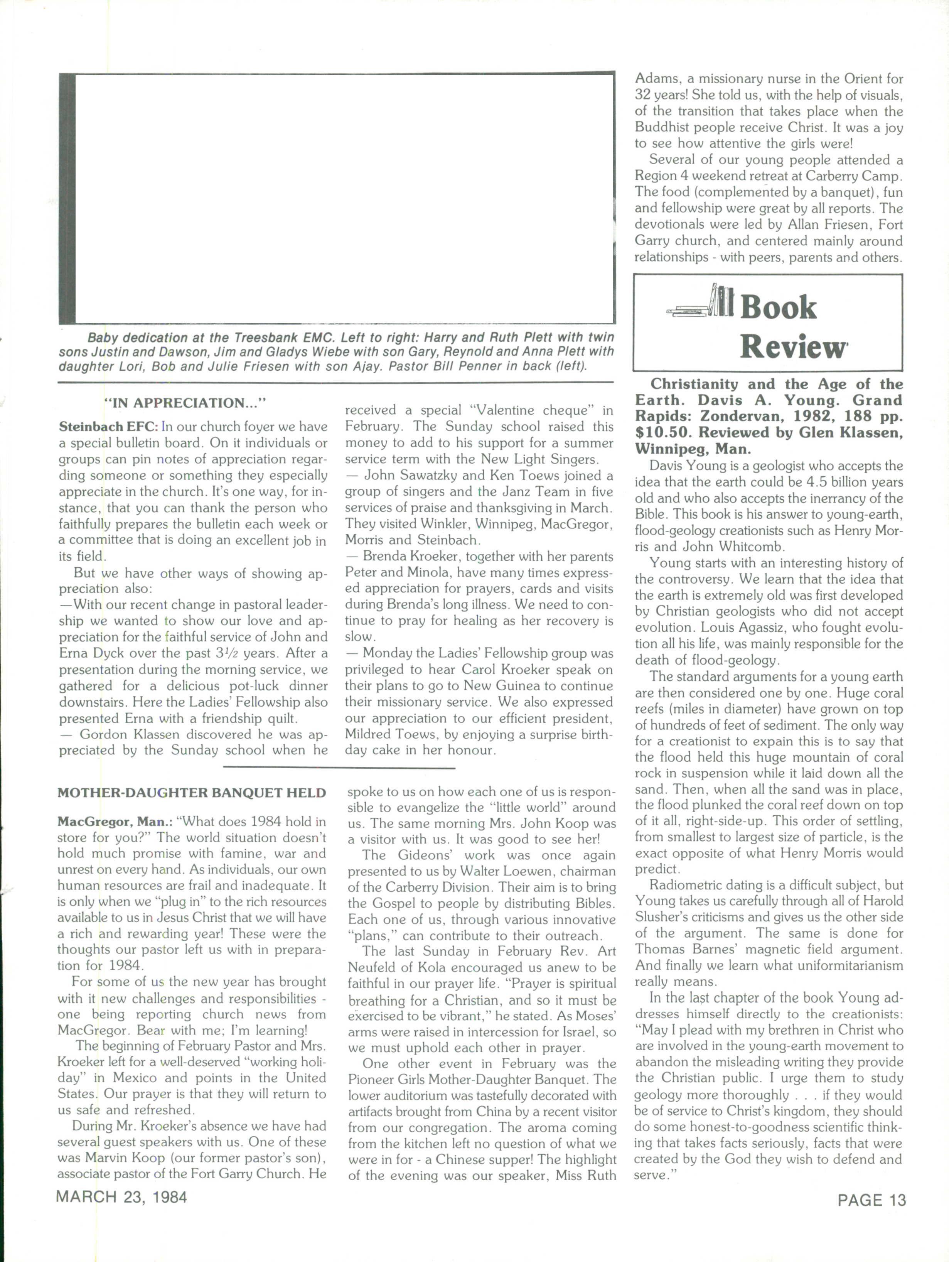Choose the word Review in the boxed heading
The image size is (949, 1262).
click(x=793, y=346)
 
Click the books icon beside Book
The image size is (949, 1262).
click(x=701, y=302)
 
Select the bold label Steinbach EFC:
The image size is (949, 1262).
click(x=108, y=427)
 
